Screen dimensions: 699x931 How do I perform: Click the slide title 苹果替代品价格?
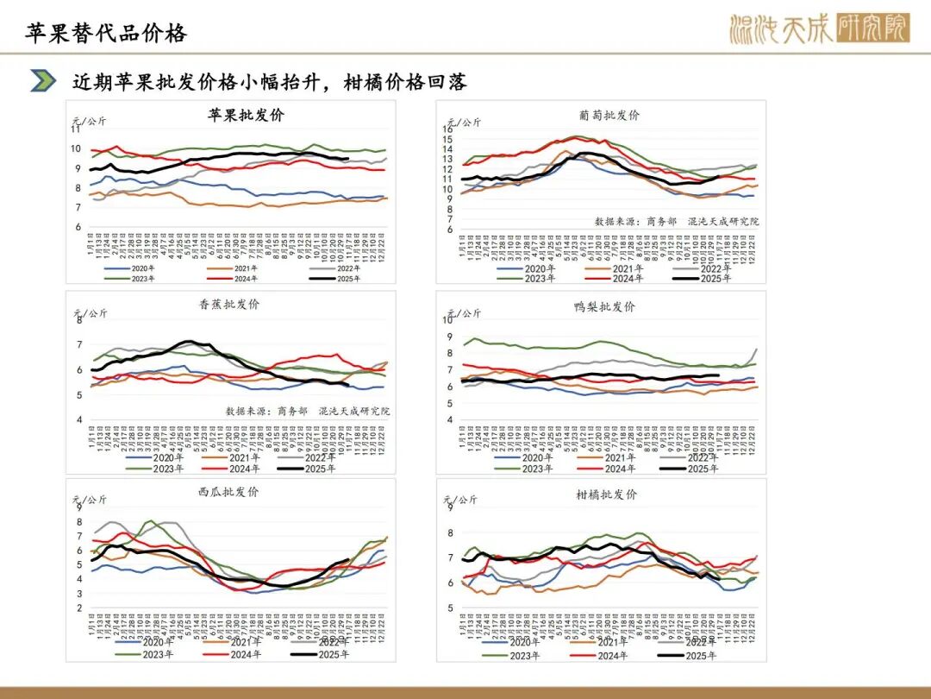tap(106, 33)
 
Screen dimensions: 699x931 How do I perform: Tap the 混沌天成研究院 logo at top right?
tap(819, 29)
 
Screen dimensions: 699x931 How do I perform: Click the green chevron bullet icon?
tap(43, 81)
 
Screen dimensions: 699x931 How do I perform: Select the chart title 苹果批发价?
tap(246, 115)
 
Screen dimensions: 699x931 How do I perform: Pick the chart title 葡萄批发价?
tap(609, 116)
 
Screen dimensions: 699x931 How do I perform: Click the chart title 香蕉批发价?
tap(228, 304)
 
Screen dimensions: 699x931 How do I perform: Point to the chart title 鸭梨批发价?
tap(604, 306)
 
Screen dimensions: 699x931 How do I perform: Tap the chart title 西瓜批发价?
tap(228, 492)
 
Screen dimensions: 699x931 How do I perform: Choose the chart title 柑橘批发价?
tap(606, 494)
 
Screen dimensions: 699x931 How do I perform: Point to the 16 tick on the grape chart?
tap(447, 129)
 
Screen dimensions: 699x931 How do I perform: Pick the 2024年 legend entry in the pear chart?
tap(614, 469)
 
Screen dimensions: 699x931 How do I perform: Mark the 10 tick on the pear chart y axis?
tap(447, 320)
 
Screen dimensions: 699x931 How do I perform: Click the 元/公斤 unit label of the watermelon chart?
tap(89, 499)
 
